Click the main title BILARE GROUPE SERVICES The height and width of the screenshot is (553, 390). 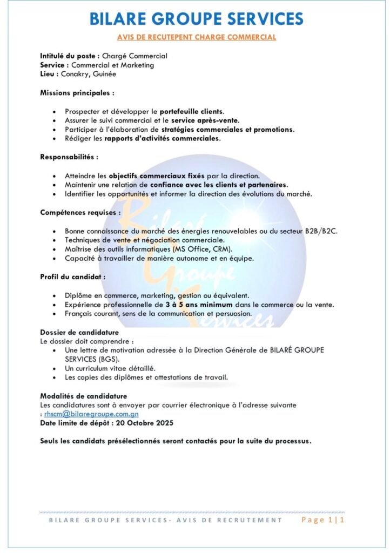click(x=196, y=19)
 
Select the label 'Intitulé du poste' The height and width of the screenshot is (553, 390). click(x=68, y=56)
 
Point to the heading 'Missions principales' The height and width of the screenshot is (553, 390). click(x=77, y=93)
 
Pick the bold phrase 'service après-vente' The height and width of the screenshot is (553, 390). click(x=205, y=120)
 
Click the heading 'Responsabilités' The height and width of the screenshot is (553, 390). click(x=69, y=157)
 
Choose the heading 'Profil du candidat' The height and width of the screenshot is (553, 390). click(x=73, y=277)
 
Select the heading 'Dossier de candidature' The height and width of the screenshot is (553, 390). click(x=79, y=333)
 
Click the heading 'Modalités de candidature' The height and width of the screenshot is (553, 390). click(x=83, y=396)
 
